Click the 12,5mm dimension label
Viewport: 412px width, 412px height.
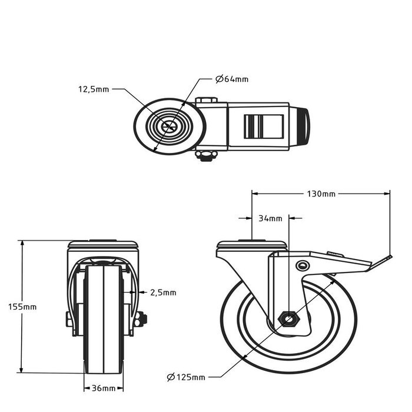tap(94, 89)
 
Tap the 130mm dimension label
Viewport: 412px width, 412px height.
tap(321, 193)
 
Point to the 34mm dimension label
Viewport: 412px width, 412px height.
tap(271, 218)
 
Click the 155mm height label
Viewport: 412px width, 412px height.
tap(22, 307)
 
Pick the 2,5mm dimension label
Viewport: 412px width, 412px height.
tap(163, 292)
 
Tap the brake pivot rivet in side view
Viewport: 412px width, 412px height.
tap(303, 265)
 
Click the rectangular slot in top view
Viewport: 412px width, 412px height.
tap(264, 126)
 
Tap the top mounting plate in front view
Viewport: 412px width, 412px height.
tap(103, 244)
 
